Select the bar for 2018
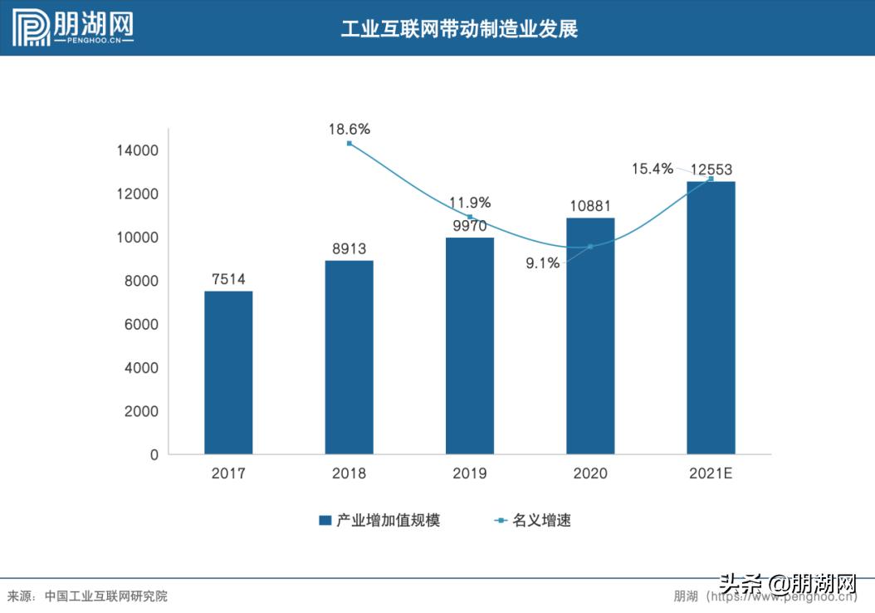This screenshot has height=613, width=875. [x=349, y=357]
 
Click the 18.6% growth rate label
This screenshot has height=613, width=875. [x=349, y=130]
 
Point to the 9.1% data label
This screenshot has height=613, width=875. [x=543, y=263]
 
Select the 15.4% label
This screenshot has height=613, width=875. [x=653, y=169]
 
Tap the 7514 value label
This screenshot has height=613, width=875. [x=228, y=279]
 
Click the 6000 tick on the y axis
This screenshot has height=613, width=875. [x=142, y=325]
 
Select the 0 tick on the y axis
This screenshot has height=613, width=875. [x=154, y=455]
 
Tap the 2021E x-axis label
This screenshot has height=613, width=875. [x=711, y=473]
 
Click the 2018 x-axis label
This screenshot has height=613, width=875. [x=349, y=473]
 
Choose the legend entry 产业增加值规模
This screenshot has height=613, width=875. [x=379, y=521]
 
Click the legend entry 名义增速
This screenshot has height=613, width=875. [x=533, y=521]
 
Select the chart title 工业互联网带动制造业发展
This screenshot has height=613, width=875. [x=459, y=29]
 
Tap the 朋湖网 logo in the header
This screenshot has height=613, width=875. [x=74, y=28]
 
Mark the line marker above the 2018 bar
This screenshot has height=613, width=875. [x=349, y=144]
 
